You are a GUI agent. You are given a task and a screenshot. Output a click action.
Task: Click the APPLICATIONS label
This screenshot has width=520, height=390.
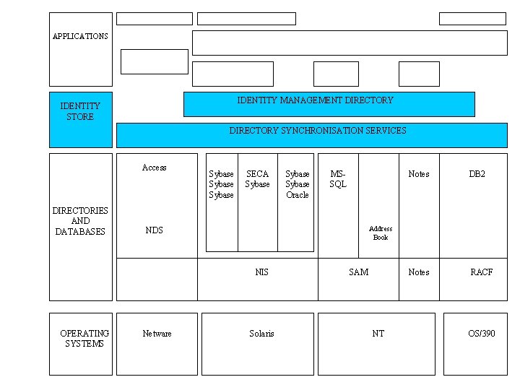pos(80,36)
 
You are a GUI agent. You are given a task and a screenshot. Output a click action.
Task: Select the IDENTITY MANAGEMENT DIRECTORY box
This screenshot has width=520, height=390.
pos(329,103)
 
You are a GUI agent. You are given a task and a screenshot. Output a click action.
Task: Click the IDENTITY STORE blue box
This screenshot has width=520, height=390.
pos(80,119)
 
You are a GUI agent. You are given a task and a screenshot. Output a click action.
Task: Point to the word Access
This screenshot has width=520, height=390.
pos(154,168)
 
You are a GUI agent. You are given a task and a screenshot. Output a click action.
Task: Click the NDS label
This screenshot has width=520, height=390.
pos(154,230)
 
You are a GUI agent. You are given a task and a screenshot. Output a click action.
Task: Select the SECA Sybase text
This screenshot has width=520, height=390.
pos(257,179)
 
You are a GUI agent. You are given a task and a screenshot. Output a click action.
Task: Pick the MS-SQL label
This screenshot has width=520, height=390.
pos(338,179)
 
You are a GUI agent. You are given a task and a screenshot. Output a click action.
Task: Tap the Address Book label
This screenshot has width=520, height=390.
pos(381,233)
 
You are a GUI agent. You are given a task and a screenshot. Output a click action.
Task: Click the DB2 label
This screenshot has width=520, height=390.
pos(477,174)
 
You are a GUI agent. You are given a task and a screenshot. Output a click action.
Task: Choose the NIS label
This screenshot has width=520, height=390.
pos(261,272)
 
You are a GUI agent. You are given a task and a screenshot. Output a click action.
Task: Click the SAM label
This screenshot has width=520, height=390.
pos(358,272)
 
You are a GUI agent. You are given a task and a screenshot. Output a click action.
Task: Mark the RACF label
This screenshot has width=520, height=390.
pos(481,272)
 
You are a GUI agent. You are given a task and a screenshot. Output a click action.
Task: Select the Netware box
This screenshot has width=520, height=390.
pos(157,343)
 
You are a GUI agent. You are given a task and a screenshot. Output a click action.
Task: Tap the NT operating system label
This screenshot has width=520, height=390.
pos(378,334)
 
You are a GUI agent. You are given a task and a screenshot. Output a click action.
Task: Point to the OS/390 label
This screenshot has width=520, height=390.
pos(482,334)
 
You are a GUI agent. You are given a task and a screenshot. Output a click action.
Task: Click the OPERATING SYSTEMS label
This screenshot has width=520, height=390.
pos(84,339)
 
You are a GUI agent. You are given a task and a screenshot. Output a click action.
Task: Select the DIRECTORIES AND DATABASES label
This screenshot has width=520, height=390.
pos(80,221)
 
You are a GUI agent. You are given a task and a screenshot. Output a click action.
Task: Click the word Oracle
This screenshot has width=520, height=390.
pos(297,195)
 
